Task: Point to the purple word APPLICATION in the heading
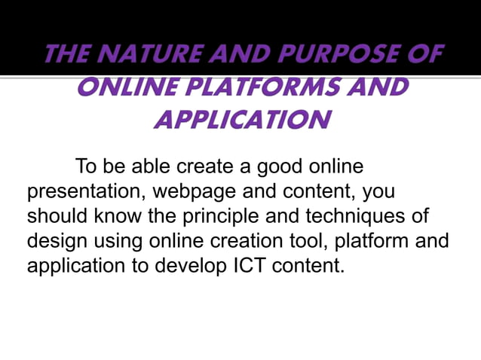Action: [x=241, y=119]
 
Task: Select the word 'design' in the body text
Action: [x=58, y=241]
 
